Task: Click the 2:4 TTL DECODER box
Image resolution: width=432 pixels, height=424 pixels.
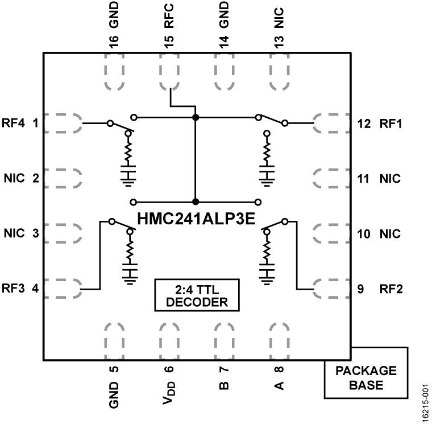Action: pyautogui.click(x=196, y=295)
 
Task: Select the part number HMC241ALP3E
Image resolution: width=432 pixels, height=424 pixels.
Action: pyautogui.click(x=196, y=217)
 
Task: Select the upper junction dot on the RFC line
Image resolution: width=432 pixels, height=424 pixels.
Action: pyautogui.click(x=196, y=118)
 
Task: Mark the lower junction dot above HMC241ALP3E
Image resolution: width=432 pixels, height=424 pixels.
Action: pyautogui.click(x=196, y=201)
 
